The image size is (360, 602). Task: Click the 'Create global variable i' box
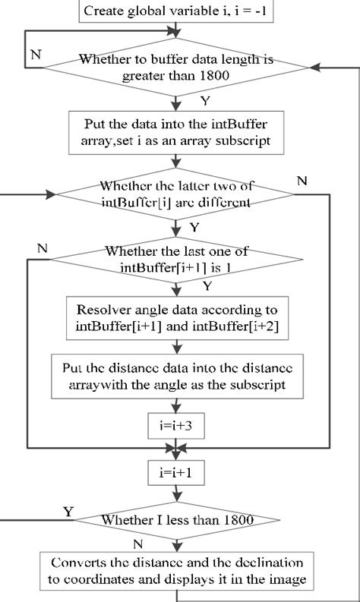177,11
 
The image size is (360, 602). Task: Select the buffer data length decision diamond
177,68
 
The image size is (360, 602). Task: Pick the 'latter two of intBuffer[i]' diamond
176,195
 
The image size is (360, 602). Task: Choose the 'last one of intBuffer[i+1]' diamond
176,260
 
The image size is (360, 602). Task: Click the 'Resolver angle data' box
176,316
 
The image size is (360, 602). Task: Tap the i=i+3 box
176,427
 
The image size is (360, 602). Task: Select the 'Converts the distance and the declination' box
176,571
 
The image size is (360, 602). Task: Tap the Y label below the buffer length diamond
204,100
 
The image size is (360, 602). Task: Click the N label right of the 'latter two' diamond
302,182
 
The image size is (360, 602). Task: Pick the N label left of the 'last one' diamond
41,248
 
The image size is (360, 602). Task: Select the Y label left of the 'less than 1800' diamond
68,512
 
